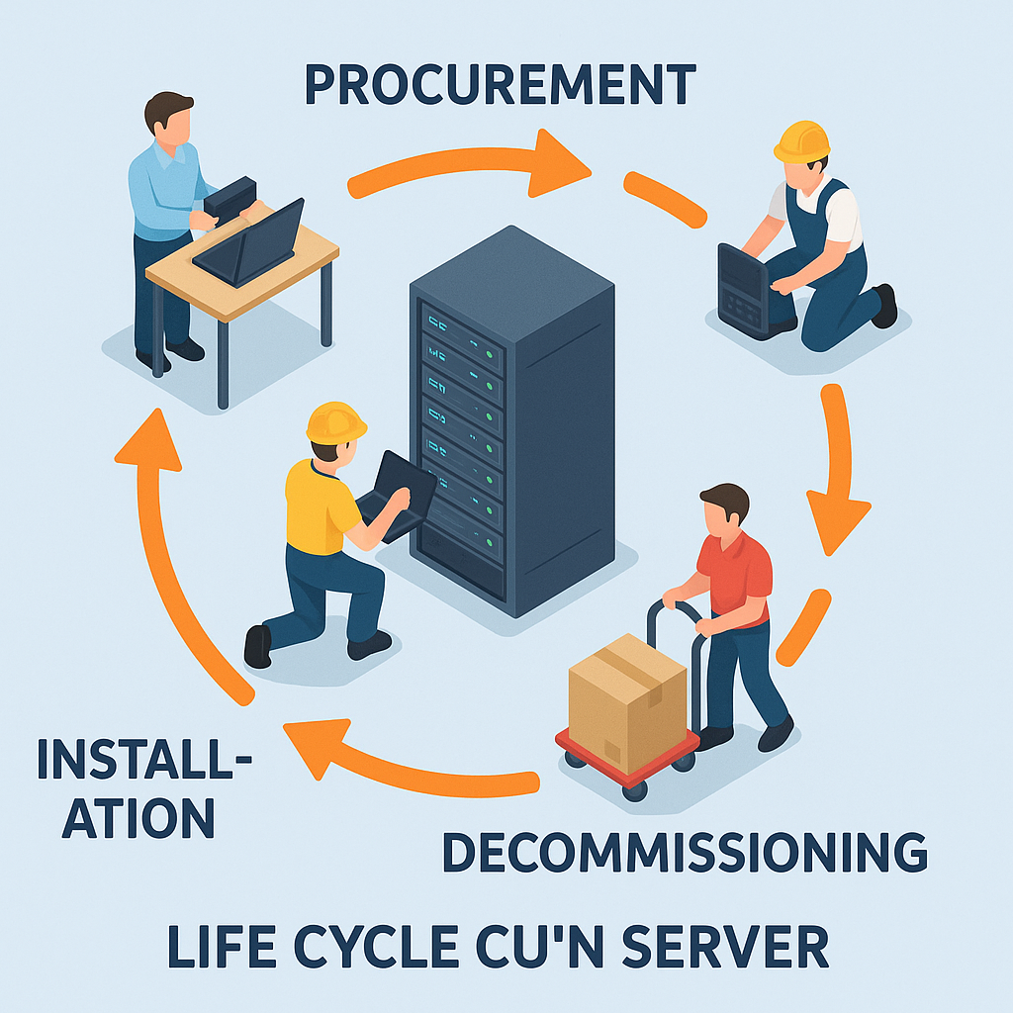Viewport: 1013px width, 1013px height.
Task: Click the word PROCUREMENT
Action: click(x=500, y=86)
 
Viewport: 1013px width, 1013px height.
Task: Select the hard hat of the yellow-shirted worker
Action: click(x=335, y=422)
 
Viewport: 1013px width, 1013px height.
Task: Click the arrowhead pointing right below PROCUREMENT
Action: click(x=558, y=163)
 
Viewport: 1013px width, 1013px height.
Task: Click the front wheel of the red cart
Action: click(x=634, y=786)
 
